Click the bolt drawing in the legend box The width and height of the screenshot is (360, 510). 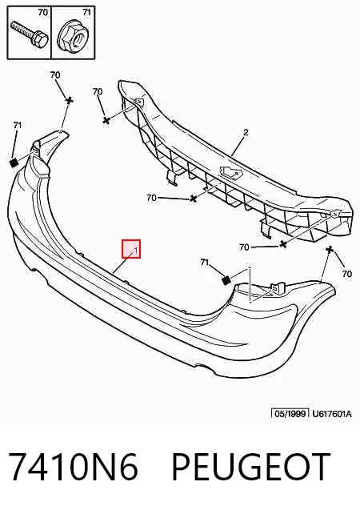(30, 34)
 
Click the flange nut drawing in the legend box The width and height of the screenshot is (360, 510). (74, 38)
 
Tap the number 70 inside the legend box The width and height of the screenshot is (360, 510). (43, 13)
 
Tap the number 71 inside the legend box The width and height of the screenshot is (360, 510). (86, 12)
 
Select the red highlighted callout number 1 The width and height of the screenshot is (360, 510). (131, 249)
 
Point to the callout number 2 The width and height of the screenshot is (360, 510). (246, 132)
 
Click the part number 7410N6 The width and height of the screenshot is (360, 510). (73, 467)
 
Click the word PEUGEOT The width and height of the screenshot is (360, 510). (250, 467)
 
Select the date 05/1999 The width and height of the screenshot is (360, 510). (290, 414)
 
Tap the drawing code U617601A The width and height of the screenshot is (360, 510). (332, 414)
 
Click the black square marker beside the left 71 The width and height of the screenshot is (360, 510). (14, 163)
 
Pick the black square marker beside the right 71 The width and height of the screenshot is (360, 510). (226, 280)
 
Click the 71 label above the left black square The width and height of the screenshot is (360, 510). (18, 125)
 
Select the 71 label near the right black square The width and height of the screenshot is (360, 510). (204, 262)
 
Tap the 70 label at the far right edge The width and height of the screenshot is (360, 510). (347, 274)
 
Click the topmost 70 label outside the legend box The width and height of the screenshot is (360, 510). (55, 74)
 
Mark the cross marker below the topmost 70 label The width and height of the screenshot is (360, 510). (69, 101)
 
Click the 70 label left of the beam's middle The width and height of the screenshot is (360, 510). (151, 198)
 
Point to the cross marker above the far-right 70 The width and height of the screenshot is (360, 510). (330, 250)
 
